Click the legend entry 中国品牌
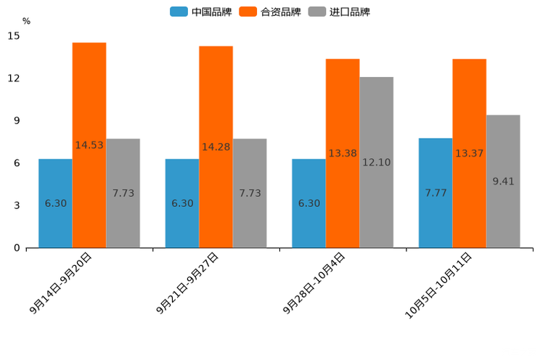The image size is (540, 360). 200,12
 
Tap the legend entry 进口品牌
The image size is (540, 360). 339,12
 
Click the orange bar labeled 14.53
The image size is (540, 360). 89,145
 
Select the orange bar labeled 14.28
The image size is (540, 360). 216,147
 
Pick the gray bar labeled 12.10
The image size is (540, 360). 376,162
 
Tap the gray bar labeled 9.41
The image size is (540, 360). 503,181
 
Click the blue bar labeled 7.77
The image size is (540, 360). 435,193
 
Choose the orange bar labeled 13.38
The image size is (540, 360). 343,153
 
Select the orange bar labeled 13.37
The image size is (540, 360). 469,153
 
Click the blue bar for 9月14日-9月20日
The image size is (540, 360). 55,203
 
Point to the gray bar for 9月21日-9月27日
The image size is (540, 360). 250,193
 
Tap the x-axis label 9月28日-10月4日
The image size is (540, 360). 314,283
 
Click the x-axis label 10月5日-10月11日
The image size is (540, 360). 438,285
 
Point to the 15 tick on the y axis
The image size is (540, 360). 14,36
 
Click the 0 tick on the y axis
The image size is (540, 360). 17,248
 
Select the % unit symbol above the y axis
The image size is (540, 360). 26,21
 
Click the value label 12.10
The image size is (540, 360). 376,163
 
